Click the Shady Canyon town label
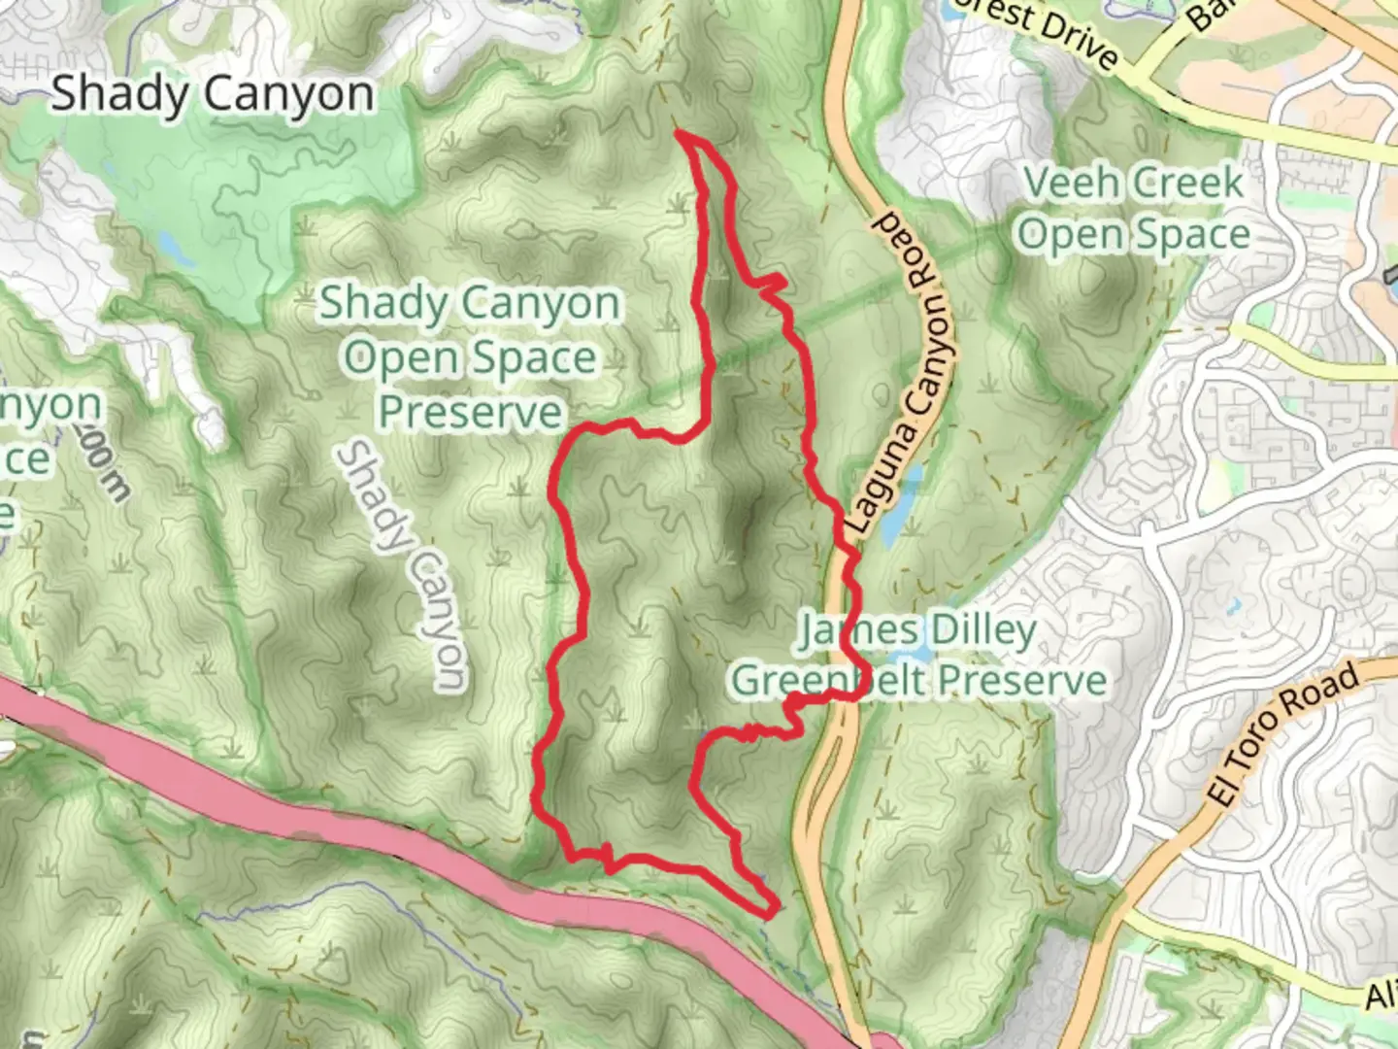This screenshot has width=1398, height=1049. coord(212,95)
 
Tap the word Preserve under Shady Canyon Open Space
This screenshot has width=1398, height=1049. coord(471,412)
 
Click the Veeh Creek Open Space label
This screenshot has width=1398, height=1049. coord(1133,209)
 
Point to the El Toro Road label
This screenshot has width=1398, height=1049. coord(1281,734)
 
